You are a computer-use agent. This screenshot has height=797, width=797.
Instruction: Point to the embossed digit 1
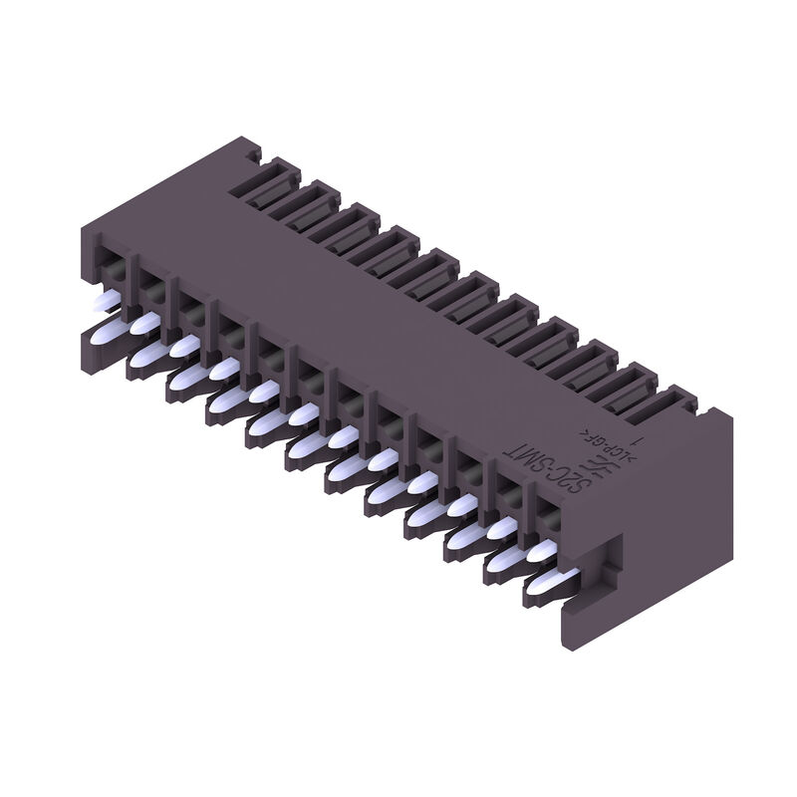pyautogui.click(x=645, y=435)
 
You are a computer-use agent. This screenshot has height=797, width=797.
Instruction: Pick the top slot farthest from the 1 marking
pyautogui.click(x=264, y=180)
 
